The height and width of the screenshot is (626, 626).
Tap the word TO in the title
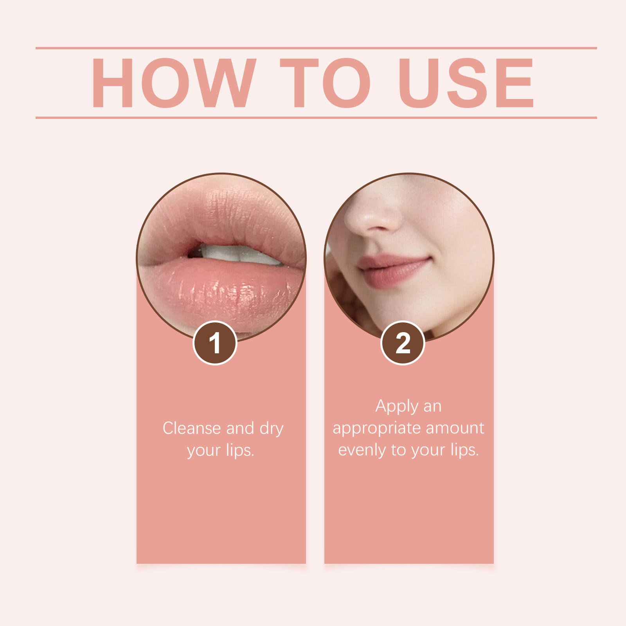click(325, 83)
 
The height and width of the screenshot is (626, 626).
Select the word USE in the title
click(466, 83)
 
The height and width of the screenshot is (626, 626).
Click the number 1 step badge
click(215, 343)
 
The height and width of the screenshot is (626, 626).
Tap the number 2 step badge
click(403, 343)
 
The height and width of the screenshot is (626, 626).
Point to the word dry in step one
click(271, 429)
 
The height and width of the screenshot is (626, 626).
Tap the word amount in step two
click(455, 428)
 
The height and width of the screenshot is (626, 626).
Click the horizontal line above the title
click(316, 48)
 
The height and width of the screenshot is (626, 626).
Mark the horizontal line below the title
click(316, 117)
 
